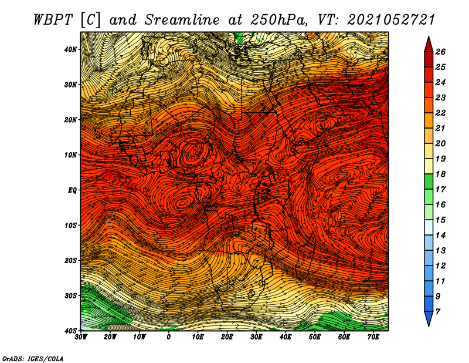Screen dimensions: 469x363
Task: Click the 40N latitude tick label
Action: coord(70,49)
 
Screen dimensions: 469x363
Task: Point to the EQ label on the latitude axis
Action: coord(72,190)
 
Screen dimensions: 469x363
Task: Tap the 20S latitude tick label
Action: coord(70,260)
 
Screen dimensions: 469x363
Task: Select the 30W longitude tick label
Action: coord(81,337)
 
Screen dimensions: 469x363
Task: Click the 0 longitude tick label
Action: coord(169,337)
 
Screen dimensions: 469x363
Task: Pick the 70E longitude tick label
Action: coord(373,337)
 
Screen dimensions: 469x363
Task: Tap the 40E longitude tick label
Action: coord(286,337)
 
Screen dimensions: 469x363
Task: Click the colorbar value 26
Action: coord(440,52)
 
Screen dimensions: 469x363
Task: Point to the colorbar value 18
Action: coord(440,174)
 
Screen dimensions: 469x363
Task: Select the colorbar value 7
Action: coord(438,312)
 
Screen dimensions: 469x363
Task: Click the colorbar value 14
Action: coord(440,236)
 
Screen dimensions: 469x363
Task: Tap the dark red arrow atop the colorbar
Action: coord(429,44)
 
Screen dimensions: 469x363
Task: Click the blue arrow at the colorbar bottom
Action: coord(429,319)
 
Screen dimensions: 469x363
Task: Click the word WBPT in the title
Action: coord(53,20)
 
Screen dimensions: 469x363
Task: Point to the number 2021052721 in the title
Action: coord(390,20)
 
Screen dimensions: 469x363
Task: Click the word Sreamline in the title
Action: coord(182,20)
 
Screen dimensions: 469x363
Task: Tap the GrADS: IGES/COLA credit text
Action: coord(33,358)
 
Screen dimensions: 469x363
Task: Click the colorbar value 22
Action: coord(440,113)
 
